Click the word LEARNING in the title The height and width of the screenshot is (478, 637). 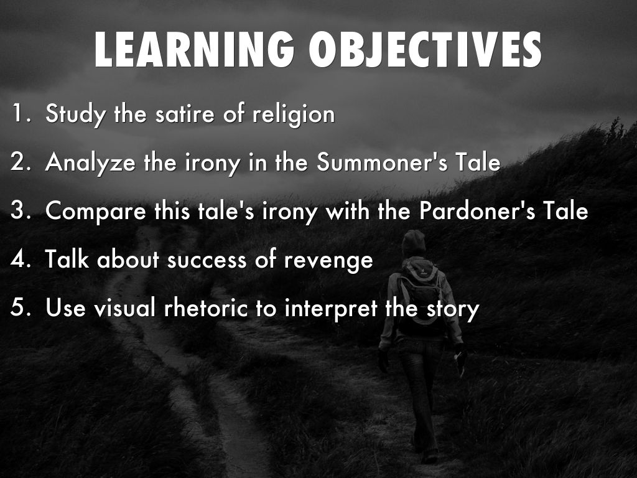194,49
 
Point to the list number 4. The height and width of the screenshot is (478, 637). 20,259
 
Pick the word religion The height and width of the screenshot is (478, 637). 294,115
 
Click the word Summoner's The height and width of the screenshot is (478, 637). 382,162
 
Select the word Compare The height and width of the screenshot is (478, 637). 95,212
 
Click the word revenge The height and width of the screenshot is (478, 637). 328,261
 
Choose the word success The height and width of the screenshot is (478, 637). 207,261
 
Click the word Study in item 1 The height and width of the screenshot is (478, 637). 75,114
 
